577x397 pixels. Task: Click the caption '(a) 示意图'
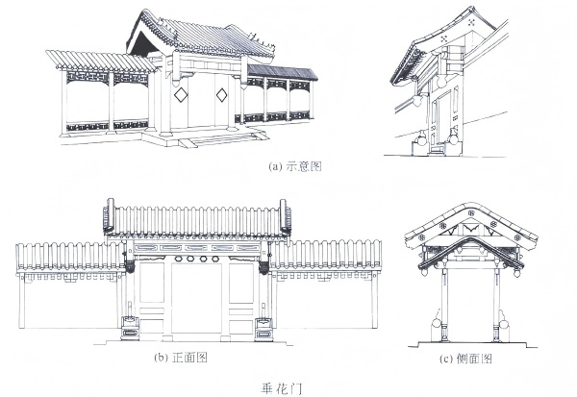(x=293, y=165)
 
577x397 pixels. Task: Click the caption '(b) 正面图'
(x=182, y=358)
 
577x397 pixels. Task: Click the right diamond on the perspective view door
(x=222, y=94)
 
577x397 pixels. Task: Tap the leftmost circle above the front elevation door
(x=175, y=258)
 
